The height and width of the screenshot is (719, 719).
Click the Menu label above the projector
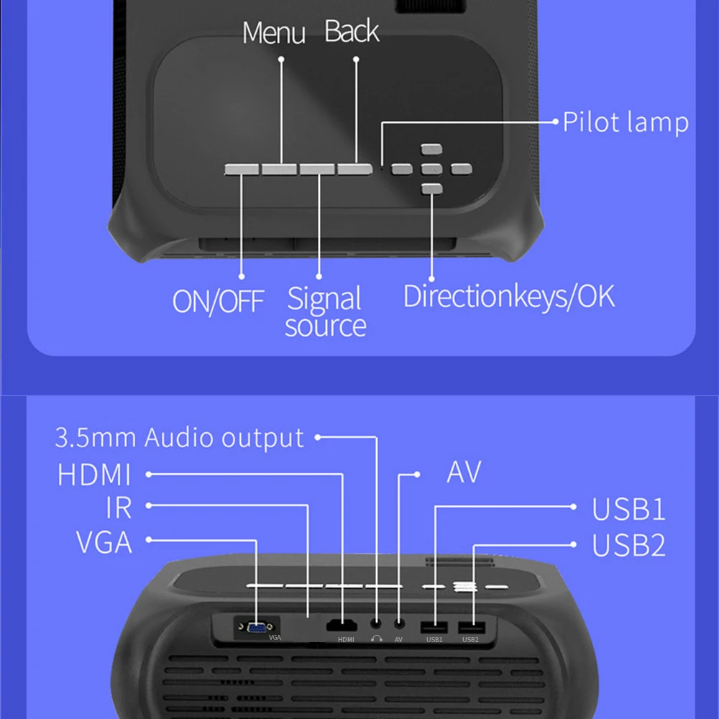click(273, 33)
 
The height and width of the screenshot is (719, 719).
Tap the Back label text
click(352, 32)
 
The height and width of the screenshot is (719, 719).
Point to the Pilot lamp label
click(625, 122)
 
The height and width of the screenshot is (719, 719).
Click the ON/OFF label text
click(218, 301)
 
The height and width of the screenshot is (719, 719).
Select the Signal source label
click(325, 312)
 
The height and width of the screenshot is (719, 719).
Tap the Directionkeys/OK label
click(509, 296)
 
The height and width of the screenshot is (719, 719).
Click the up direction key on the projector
click(431, 150)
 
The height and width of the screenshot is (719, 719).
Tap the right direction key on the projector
click(461, 169)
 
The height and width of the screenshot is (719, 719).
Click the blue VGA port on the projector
click(256, 628)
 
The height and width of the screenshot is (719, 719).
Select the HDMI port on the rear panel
click(342, 626)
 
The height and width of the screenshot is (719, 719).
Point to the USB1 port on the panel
click(434, 626)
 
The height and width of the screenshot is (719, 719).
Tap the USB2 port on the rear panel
click(471, 626)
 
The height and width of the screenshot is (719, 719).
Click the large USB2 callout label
click(628, 546)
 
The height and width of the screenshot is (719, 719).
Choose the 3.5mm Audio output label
click(180, 438)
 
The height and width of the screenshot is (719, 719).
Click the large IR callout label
click(119, 508)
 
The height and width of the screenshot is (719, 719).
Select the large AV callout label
click(463, 472)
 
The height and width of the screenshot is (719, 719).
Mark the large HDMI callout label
click(94, 475)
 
